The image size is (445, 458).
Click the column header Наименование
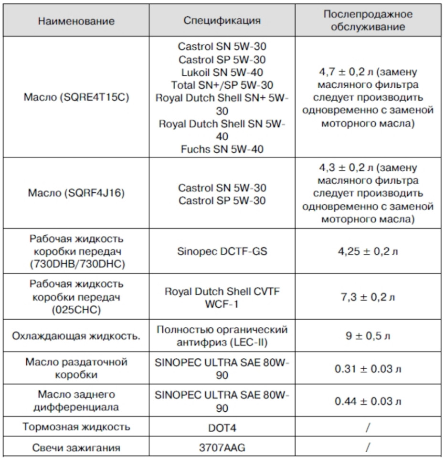point(76,21)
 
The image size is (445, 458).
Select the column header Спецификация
point(222,21)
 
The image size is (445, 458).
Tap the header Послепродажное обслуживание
point(368,21)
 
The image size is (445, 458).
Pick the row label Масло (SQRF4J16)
point(76,194)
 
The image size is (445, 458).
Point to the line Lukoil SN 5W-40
point(222,73)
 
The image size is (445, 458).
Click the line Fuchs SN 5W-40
point(222,149)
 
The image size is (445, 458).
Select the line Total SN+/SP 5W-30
point(222,85)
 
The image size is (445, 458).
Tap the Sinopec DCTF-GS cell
point(222,251)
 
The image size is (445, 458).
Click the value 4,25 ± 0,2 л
point(368,251)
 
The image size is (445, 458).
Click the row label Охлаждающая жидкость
point(76,335)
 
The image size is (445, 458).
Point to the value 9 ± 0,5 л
point(368,335)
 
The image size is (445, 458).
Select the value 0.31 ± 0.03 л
point(368,369)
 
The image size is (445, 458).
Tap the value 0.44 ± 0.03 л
point(368,401)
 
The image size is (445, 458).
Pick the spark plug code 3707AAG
point(222,448)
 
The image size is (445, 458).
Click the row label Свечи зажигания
point(76,448)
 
